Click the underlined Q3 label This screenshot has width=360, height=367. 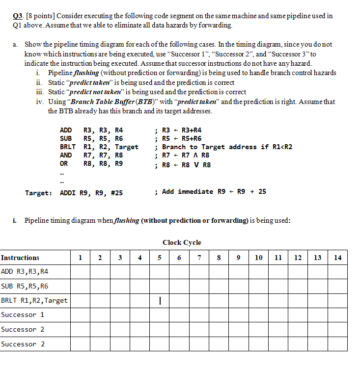pyautogui.click(x=17, y=16)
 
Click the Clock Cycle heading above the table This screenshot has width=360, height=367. pyautogui.click(x=182, y=242)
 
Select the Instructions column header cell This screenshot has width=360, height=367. pyautogui.click(x=21, y=258)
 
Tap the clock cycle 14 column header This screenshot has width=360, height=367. pyautogui.click(x=337, y=258)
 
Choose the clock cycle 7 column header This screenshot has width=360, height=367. pyautogui.click(x=199, y=258)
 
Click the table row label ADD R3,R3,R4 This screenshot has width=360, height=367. pyautogui.click(x=25, y=271)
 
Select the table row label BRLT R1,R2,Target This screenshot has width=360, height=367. pyautogui.click(x=34, y=300)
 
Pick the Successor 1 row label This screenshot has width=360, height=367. pyautogui.click(x=23, y=315)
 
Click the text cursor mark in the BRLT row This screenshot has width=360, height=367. pyautogui.click(x=160, y=300)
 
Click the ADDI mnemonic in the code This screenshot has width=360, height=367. pyautogui.click(x=68, y=193)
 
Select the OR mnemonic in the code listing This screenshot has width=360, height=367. pyautogui.click(x=64, y=163)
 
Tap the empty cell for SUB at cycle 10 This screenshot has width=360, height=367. pyautogui.click(x=258, y=286)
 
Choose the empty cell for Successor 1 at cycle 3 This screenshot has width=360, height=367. pyautogui.click(x=120, y=315)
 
